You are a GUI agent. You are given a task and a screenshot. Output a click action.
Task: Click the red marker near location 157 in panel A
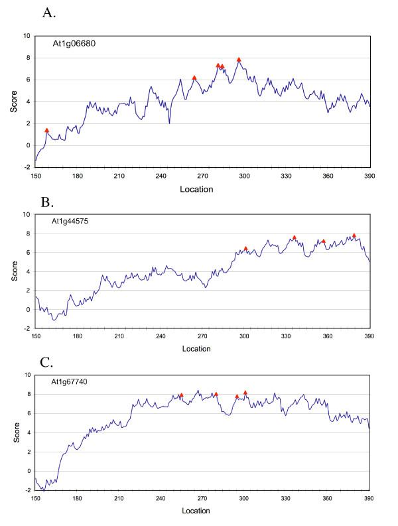click(x=46, y=131)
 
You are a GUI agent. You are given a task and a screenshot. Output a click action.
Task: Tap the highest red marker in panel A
click(x=239, y=60)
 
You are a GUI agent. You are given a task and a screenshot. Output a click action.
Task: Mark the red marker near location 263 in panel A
click(x=194, y=78)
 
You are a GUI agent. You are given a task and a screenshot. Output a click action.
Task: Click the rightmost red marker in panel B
click(x=354, y=235)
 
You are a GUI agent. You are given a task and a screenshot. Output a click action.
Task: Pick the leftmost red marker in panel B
click(x=245, y=249)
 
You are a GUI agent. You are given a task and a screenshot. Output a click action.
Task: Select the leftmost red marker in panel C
click(x=181, y=395)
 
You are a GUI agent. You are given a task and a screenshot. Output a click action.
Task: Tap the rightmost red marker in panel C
click(x=245, y=393)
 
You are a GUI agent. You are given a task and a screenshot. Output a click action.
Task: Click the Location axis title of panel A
click(x=196, y=189)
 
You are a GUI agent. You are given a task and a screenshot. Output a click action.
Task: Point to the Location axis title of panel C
click(x=196, y=511)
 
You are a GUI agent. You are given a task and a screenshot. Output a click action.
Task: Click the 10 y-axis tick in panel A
click(x=26, y=36)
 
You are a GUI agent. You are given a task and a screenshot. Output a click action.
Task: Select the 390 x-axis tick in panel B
click(x=369, y=336)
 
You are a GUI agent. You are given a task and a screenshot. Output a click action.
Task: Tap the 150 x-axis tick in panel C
click(x=36, y=498)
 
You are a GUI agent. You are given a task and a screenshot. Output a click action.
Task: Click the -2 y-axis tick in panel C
click(x=26, y=490)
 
